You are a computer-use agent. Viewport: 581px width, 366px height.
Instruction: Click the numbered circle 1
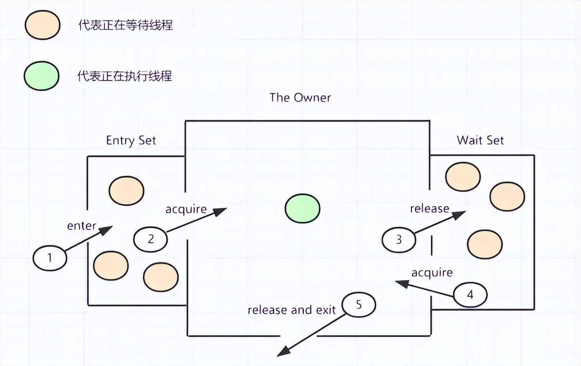tap(50, 258)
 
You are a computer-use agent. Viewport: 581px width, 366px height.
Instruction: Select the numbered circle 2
tap(151, 239)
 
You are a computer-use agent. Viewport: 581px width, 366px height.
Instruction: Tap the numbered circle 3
tap(399, 239)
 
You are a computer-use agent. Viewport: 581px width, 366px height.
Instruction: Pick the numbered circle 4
tap(470, 295)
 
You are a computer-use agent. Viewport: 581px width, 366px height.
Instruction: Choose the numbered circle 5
tap(359, 305)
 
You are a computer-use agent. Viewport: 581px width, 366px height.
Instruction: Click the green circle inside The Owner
tap(302, 208)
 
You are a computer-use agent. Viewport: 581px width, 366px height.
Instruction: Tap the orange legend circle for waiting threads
tap(43, 25)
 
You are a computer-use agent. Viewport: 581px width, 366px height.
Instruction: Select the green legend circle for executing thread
tap(42, 76)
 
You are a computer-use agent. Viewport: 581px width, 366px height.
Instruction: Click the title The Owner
tap(300, 98)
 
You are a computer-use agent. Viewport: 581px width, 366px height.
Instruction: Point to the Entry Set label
tap(131, 141)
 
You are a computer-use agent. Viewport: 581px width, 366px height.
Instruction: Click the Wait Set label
tap(480, 140)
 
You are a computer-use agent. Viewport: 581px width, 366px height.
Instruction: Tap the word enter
tap(82, 225)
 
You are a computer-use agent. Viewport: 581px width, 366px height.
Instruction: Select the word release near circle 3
tap(429, 209)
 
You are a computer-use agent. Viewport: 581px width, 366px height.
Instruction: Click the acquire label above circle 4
tap(432, 273)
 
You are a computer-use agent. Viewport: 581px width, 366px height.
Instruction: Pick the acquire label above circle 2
tap(186, 209)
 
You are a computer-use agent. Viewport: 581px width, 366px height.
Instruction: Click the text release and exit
tap(291, 310)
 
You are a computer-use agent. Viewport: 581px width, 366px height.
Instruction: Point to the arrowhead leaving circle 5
tap(282, 352)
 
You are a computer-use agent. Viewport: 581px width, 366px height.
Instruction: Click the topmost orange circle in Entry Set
tap(126, 190)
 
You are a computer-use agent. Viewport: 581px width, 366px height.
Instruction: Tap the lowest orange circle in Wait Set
tap(485, 244)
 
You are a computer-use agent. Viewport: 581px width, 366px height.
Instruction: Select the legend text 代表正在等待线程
tap(125, 25)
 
